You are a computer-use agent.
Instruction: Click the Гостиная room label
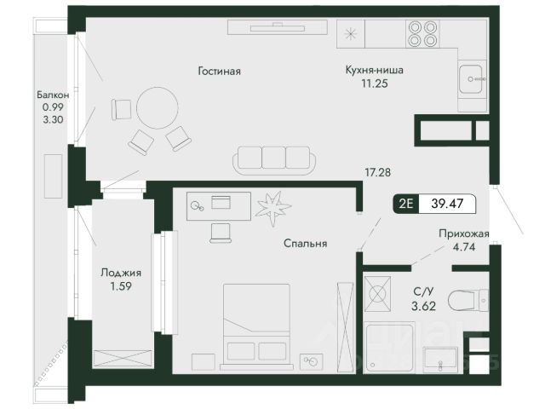click(220, 72)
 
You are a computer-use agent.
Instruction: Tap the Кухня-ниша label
click(375, 70)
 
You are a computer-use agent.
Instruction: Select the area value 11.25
click(375, 84)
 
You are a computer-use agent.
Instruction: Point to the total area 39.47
click(447, 203)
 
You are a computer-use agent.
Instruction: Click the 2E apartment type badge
click(406, 203)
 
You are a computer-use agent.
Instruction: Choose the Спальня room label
click(305, 244)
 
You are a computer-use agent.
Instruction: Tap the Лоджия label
click(121, 273)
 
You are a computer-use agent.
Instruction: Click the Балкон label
click(53, 95)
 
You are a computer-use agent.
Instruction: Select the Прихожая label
click(463, 233)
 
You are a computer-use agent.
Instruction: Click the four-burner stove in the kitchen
click(422, 34)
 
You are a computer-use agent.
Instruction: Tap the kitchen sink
click(471, 79)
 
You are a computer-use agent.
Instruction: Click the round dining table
click(158, 108)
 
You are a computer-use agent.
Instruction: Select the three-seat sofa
click(274, 159)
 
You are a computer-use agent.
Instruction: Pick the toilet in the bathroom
click(468, 300)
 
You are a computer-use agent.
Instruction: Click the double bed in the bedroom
click(256, 326)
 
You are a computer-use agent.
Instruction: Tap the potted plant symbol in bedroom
click(273, 208)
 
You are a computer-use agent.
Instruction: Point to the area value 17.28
click(377, 172)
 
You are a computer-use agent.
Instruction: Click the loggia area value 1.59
click(121, 286)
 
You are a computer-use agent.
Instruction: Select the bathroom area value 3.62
click(424, 306)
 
